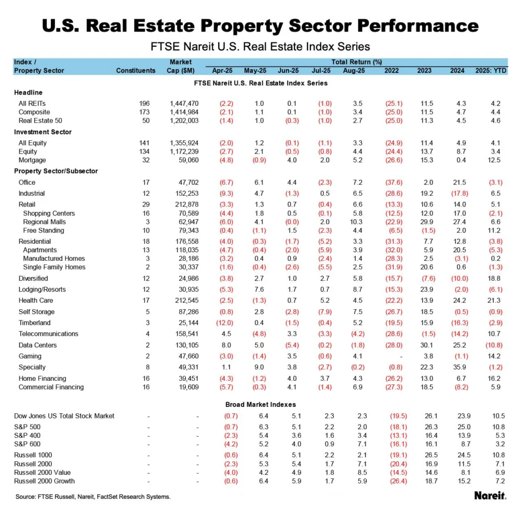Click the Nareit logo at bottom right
(x=490, y=495)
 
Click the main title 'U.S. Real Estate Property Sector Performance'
(x=260, y=26)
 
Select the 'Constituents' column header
(x=135, y=71)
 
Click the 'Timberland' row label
(x=36, y=323)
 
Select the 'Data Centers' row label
(x=38, y=345)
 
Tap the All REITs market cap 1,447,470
(x=184, y=104)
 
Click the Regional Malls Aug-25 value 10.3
(x=359, y=222)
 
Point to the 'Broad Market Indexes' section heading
(x=260, y=405)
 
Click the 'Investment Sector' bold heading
(x=43, y=132)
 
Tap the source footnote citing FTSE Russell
(x=92, y=496)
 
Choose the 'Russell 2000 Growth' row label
(x=44, y=481)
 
